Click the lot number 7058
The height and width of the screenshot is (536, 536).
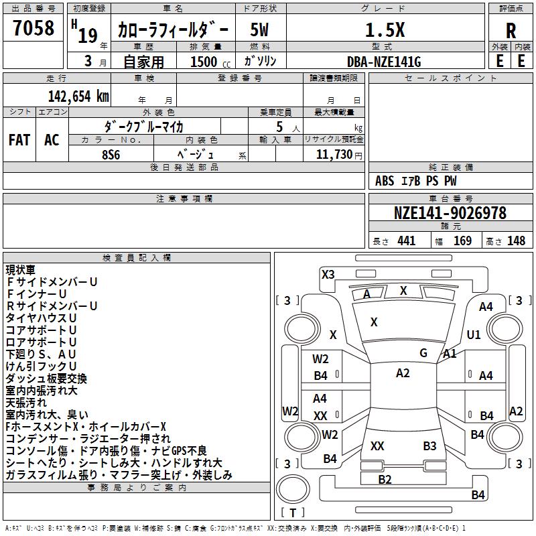(33, 28)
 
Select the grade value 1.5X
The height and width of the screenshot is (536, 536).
(385, 30)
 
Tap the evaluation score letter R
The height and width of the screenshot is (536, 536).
(511, 31)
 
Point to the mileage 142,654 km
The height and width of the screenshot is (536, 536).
(78, 96)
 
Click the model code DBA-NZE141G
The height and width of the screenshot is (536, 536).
(384, 62)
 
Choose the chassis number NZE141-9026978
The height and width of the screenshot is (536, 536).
(450, 213)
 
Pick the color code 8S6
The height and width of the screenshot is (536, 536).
(111, 155)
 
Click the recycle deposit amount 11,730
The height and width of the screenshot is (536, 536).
(334, 155)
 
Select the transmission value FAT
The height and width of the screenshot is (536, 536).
(19, 140)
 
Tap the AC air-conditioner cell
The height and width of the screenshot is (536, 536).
(52, 140)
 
